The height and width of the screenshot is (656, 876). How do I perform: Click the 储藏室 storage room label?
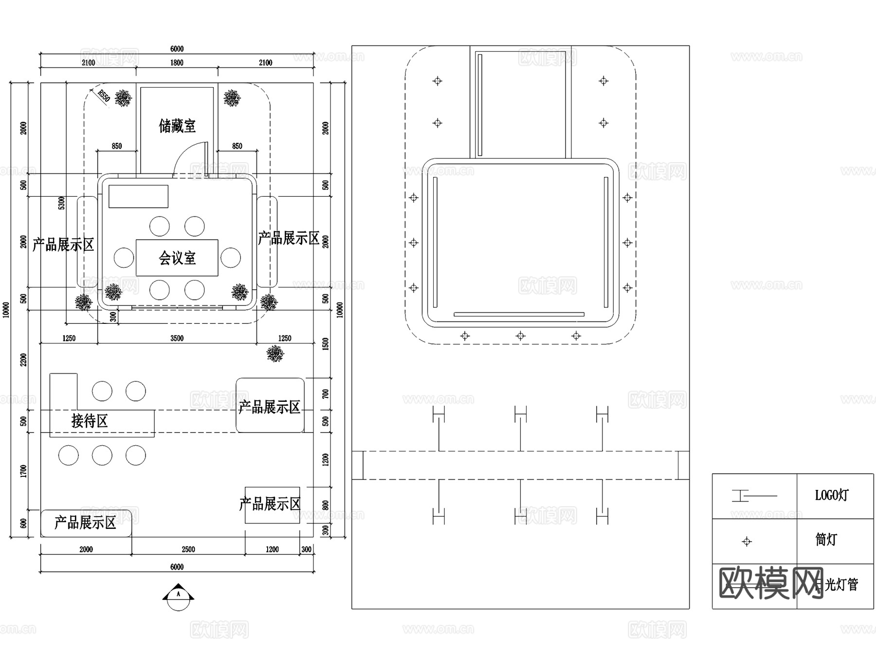coord(177,126)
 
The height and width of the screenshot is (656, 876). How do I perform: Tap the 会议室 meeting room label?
coord(177,258)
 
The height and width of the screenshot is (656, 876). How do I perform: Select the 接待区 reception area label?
coord(90,421)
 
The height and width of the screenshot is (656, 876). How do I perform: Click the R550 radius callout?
coord(103,95)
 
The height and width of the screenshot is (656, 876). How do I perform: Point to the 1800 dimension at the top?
coord(177,63)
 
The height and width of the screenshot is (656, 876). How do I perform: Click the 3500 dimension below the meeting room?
coord(177,338)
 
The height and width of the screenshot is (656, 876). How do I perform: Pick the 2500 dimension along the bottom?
coord(188,549)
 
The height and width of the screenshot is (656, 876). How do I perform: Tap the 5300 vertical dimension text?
coord(62,203)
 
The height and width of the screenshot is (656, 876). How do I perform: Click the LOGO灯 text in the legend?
coord(831,496)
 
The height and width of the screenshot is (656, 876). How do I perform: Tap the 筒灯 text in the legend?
coord(826,540)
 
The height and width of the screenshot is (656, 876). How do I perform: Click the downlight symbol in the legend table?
coord(747,542)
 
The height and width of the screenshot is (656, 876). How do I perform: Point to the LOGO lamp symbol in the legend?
coord(753,496)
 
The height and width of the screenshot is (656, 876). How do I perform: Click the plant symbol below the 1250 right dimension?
coord(275,354)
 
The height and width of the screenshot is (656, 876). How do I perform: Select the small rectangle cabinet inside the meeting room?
coord(138,196)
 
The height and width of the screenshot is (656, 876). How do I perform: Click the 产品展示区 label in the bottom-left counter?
coord(85,523)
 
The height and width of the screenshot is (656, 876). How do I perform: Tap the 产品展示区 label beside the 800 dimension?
coord(270,504)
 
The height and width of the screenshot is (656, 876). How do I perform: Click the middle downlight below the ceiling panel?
coord(520,336)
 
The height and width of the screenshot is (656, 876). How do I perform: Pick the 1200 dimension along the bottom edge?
coord(272,549)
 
